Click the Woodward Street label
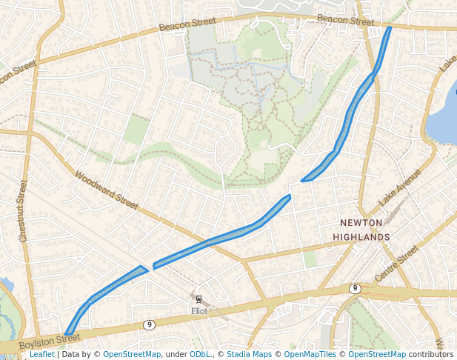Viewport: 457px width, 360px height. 107,191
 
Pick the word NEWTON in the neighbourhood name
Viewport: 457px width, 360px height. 361,222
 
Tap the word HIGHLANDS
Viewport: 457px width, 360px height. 361,237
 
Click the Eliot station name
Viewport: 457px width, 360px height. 199,311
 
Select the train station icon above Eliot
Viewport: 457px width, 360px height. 199,299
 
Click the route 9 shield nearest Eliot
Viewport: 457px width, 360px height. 149,324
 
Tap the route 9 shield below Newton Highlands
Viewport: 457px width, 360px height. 355,288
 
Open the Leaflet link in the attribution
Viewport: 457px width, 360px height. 41,354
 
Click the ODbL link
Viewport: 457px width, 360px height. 201,354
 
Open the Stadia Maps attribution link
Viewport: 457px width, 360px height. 249,354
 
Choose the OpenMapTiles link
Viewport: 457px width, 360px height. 310,354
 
